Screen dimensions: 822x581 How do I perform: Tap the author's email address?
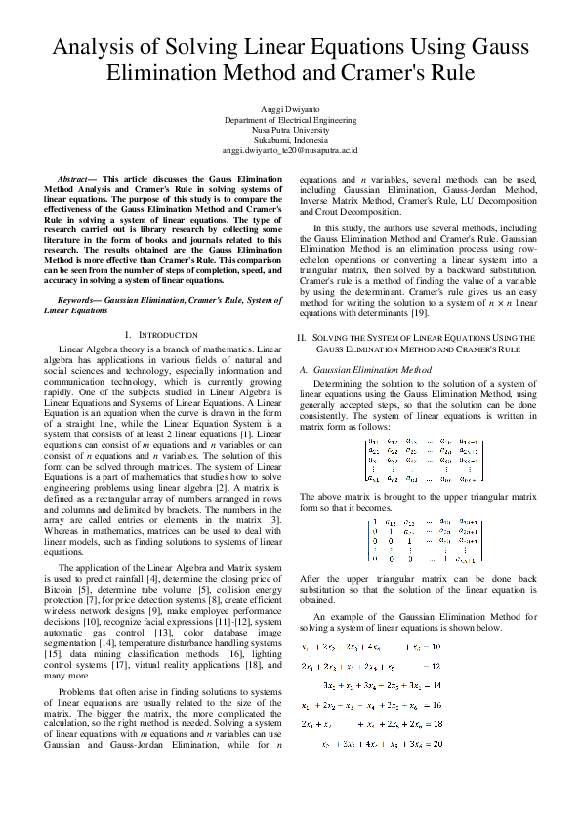tap(290, 151)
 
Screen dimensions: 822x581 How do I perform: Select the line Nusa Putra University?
tap(290, 130)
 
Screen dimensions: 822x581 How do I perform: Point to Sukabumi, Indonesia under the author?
tap(290, 141)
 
